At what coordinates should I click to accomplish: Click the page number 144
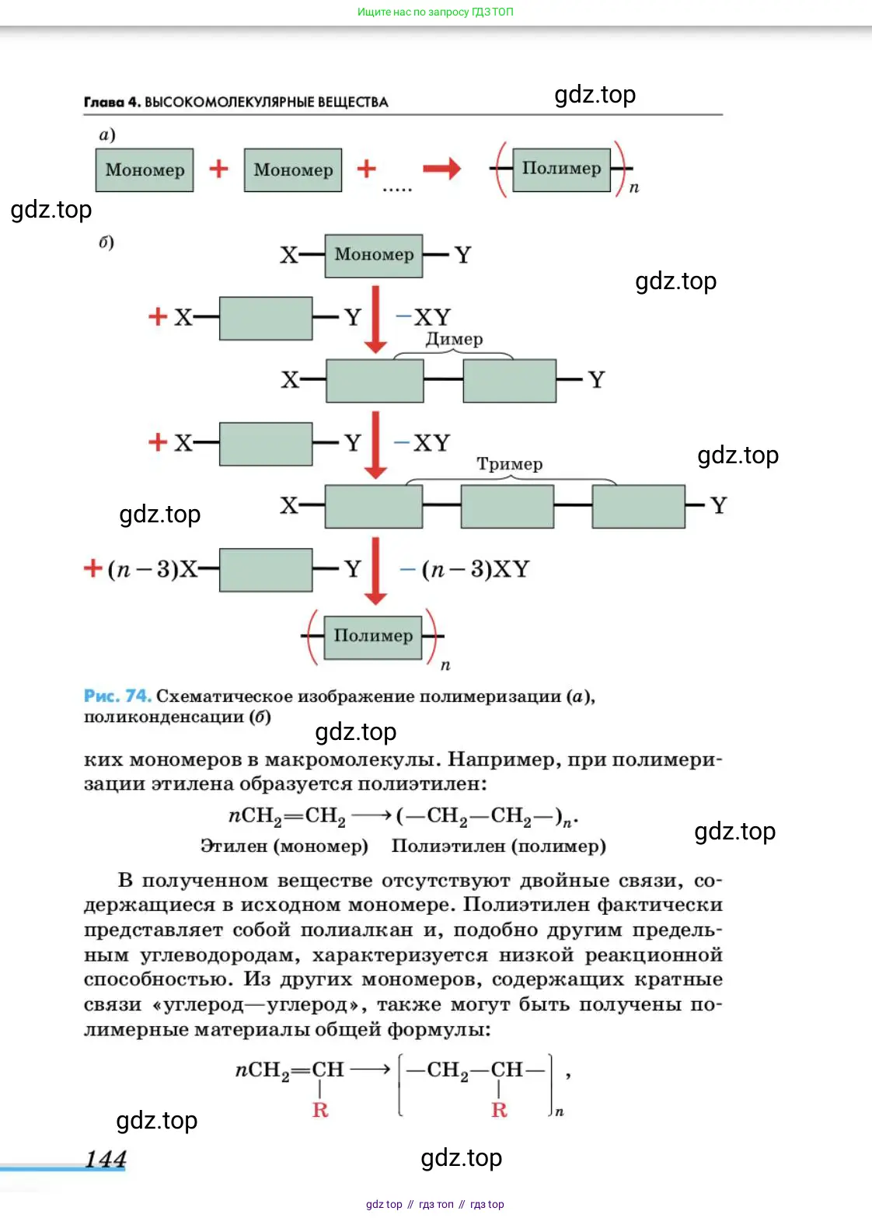pos(106,1159)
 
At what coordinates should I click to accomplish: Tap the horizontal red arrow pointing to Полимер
pos(441,169)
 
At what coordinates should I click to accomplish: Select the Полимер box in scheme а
pos(561,169)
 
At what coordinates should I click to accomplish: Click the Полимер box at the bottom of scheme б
pos(373,637)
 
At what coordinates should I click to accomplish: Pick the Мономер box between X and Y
pos(374,255)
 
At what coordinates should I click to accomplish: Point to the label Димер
pos(454,340)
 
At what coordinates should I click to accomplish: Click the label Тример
pos(510,464)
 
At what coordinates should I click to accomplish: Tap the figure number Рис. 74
pos(117,696)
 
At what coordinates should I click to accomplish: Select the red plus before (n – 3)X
pos(92,568)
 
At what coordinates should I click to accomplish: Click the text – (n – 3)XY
pos(465,569)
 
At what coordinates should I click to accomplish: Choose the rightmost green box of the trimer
pos(638,506)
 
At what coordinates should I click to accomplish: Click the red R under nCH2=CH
pos(320,1110)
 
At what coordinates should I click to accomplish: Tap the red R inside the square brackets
pos(499,1110)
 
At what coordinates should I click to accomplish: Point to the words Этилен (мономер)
pos(284,846)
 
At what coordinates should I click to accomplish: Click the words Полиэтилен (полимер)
pos(498,846)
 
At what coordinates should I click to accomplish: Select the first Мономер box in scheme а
pos(145,170)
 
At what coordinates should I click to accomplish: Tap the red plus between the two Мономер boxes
pos(218,169)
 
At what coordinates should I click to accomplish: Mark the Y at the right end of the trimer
pos(719,506)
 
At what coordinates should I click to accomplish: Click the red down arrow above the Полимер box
pos(375,571)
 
